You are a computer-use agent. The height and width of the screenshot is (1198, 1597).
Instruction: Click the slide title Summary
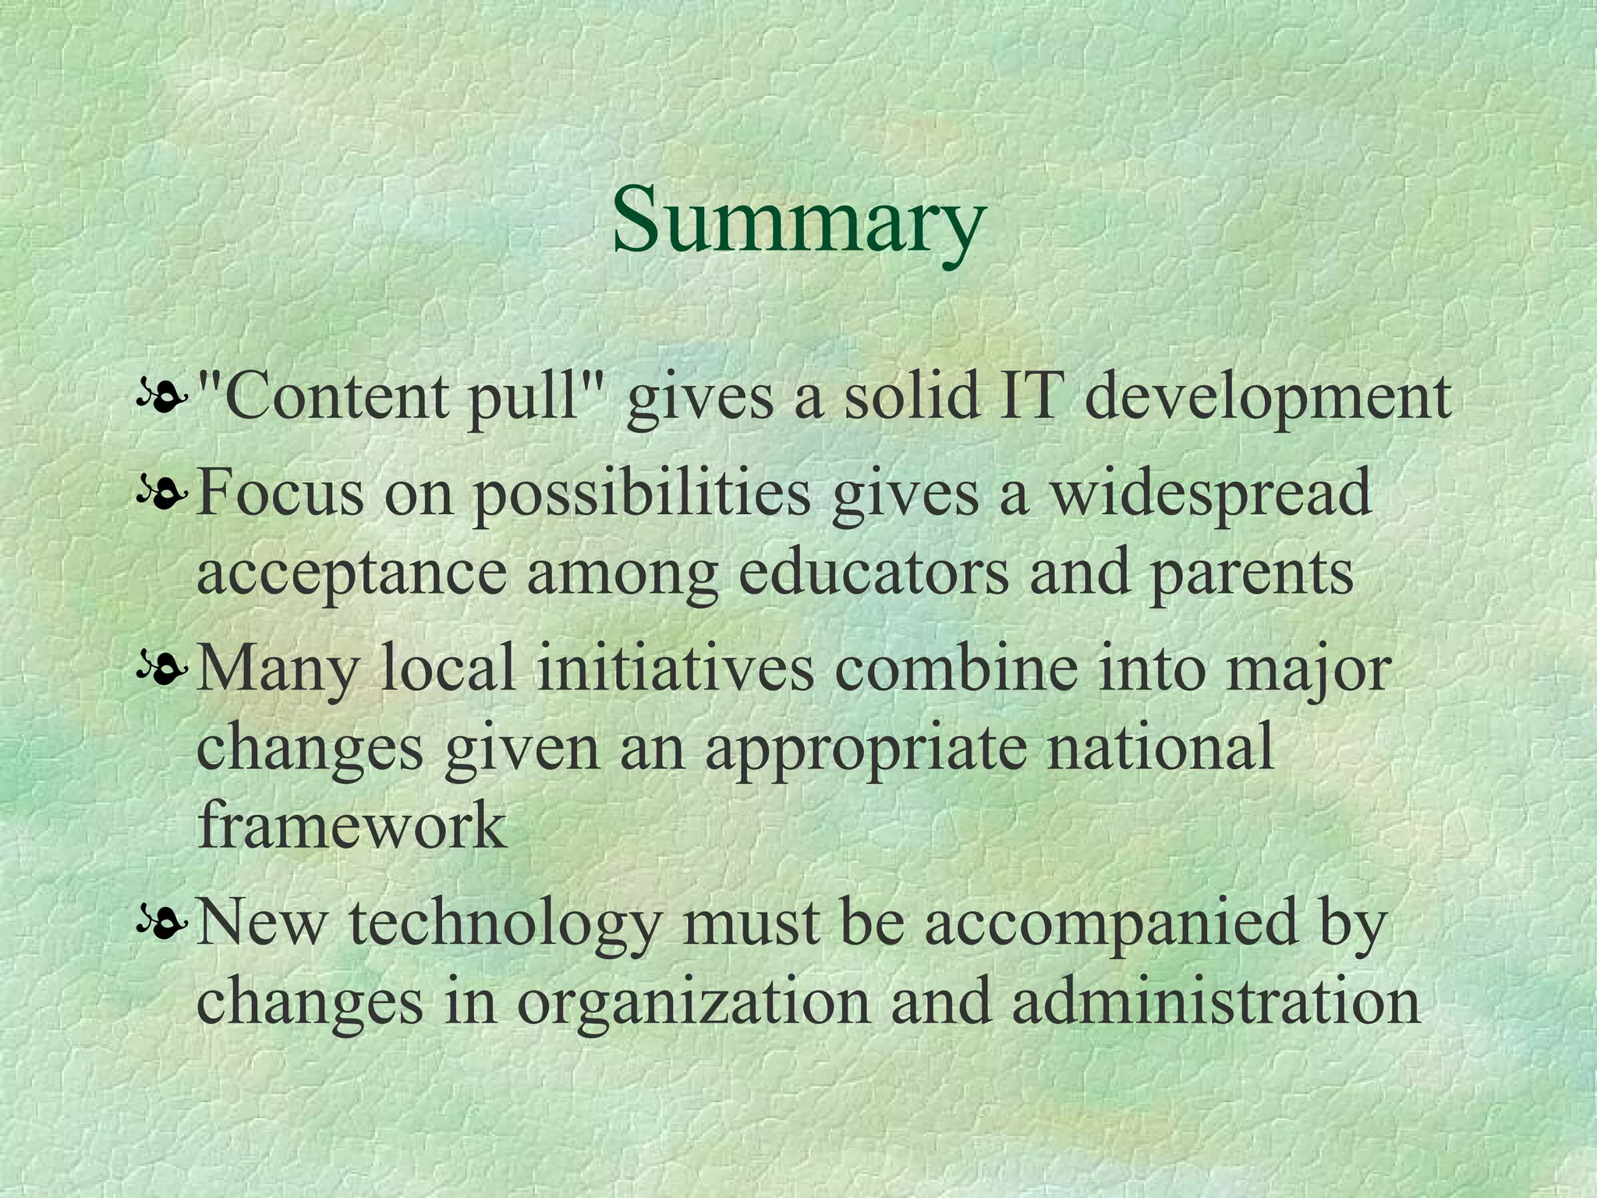(x=798, y=221)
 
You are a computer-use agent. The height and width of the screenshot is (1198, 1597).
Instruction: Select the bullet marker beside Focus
(x=162, y=494)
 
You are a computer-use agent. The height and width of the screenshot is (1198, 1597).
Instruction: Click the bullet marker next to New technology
(x=162, y=924)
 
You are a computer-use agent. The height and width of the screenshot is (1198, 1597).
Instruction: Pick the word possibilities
(x=642, y=496)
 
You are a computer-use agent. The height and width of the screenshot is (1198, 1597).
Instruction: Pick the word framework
(x=352, y=825)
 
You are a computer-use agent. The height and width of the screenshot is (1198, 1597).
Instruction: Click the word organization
(x=693, y=1003)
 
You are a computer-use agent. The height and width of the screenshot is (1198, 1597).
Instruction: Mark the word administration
(x=1216, y=1001)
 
